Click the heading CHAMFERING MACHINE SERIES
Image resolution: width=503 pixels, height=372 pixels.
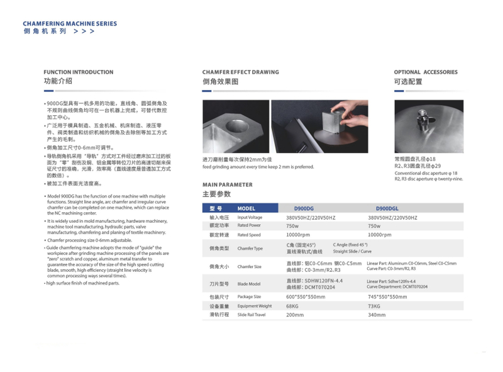coord(70,24)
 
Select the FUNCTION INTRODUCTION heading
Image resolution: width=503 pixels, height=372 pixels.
coord(79,72)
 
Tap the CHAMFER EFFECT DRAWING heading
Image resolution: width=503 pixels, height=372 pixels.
coord(240,72)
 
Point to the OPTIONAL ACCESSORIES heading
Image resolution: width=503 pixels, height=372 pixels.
coord(426,72)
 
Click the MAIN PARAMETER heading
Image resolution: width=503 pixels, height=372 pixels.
coord(227,184)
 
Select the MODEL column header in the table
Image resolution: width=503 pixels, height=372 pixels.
coord(246,208)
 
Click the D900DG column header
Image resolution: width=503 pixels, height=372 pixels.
coord(304,208)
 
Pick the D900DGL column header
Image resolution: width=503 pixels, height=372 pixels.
coord(387,208)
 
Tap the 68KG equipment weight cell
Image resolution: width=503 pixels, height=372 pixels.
coord(292,306)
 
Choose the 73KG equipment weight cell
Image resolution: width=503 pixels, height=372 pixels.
coord(374,306)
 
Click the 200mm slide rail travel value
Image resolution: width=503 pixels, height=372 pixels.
coord(295,315)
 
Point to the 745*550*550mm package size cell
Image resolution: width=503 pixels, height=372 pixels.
coord(388,296)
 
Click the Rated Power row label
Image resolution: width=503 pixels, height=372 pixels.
coord(249,225)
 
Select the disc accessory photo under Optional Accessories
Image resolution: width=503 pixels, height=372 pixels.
coord(428,126)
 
